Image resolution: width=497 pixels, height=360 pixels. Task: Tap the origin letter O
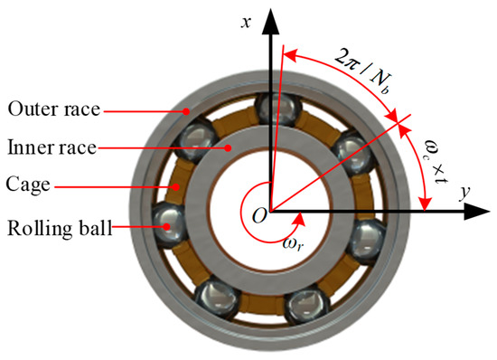point(259,214)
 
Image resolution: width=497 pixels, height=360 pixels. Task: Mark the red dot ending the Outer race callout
point(186,112)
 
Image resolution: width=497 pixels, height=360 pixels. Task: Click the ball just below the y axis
point(367,240)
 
